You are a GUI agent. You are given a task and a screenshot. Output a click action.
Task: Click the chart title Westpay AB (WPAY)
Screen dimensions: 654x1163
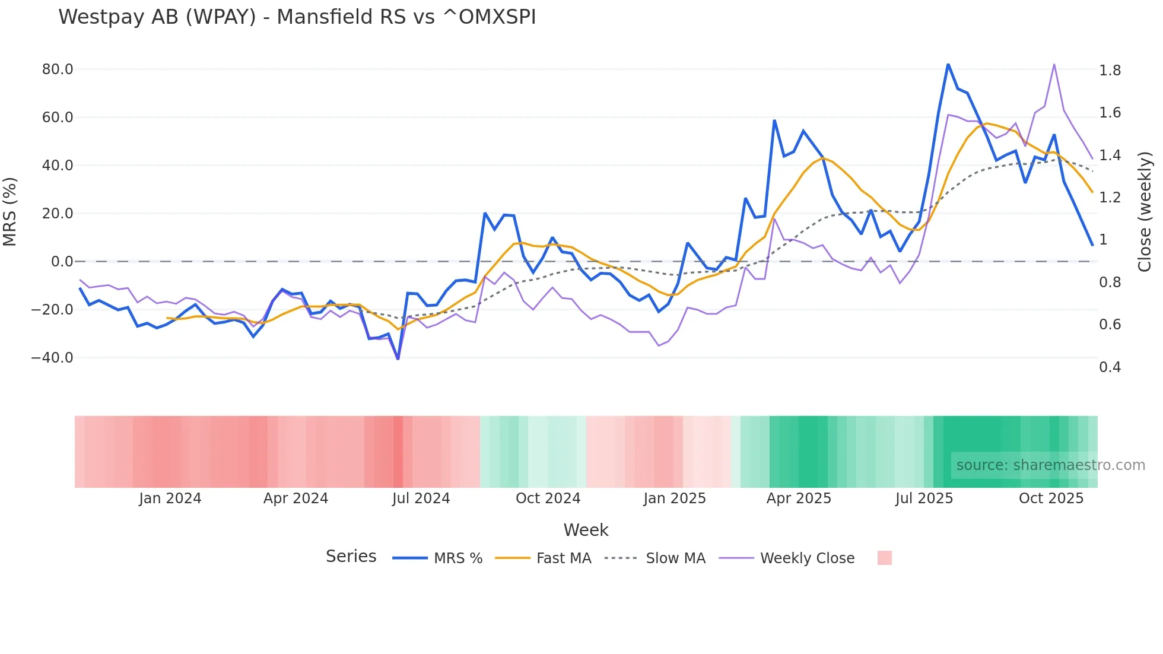297,17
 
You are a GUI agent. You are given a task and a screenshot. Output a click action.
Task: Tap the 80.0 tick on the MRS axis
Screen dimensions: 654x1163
58,69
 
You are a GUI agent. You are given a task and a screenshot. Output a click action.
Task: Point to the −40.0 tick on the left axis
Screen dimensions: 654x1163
52,358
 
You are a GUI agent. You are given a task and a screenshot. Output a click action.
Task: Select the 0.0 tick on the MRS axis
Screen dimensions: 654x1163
62,262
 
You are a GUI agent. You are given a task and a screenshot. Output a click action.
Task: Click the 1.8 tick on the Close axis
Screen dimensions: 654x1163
1110,71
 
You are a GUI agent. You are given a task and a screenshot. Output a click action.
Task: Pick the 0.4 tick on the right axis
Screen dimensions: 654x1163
1110,367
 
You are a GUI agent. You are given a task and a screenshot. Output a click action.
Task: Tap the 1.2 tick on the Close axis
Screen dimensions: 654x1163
1110,198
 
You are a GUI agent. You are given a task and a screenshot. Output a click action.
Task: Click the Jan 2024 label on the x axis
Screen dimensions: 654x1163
170,499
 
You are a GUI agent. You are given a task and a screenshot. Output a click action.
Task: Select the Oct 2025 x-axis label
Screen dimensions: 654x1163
1051,499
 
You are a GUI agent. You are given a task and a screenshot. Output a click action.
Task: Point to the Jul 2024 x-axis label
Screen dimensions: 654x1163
421,499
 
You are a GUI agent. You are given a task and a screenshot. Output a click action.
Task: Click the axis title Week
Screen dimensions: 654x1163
586,530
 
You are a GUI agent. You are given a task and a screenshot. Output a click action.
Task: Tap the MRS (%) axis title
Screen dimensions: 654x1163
10,212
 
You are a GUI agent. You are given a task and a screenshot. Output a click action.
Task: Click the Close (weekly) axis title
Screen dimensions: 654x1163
1145,212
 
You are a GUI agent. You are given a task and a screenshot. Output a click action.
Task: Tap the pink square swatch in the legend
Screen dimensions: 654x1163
885,558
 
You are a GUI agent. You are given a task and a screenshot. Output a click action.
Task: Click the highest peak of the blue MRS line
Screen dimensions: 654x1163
948,64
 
